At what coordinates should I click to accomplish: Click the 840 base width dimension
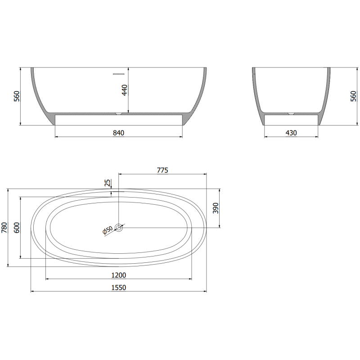118,133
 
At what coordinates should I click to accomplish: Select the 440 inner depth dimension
125,90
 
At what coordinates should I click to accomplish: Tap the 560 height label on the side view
353,96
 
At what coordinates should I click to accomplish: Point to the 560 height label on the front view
17,96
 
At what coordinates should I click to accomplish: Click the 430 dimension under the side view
291,133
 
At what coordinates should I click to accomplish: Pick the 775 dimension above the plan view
162,170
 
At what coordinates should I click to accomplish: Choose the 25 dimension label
107,183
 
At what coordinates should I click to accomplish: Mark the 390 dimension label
215,208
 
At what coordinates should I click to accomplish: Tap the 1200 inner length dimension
119,275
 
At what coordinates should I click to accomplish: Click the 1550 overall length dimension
119,288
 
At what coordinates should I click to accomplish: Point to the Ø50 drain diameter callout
108,231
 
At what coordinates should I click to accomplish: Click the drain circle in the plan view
119,228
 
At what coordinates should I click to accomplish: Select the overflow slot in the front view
118,73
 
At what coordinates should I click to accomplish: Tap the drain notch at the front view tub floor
118,113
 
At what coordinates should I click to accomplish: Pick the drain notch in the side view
291,113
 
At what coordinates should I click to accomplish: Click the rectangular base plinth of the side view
291,119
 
